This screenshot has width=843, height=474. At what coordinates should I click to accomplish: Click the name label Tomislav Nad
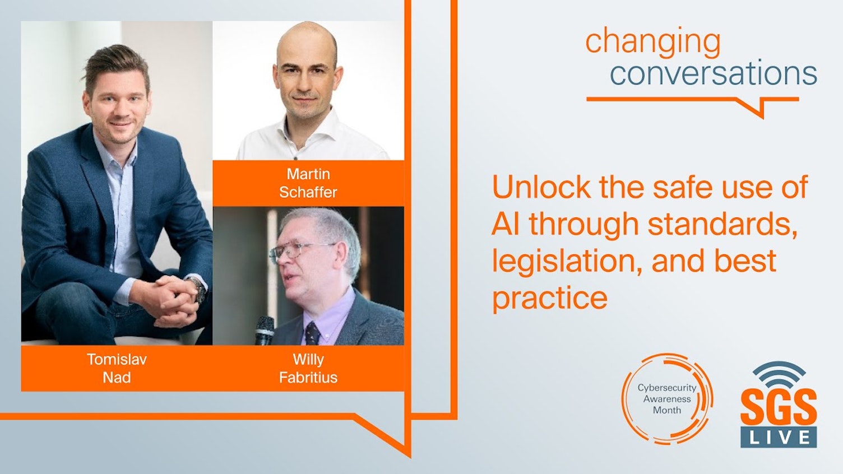[x=117, y=368]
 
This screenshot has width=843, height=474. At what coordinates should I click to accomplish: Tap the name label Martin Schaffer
[x=308, y=183]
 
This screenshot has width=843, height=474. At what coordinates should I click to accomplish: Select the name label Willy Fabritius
[x=308, y=368]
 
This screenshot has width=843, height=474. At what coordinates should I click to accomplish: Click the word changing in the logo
[x=652, y=41]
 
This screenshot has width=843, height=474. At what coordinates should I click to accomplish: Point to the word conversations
[x=713, y=73]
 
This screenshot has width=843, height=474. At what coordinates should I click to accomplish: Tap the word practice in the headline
[x=549, y=298]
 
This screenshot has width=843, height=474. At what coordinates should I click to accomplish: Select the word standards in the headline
[x=721, y=224]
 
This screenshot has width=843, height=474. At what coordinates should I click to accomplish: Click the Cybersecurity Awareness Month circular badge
[x=667, y=399]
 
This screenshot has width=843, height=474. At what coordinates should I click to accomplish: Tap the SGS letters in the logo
[x=779, y=408]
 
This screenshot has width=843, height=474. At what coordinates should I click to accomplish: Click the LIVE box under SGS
[x=779, y=437]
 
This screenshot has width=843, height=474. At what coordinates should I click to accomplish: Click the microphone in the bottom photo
[x=264, y=330]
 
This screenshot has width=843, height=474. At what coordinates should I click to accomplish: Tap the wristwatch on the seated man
[x=197, y=289]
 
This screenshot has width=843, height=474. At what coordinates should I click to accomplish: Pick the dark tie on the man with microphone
[x=312, y=334]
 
